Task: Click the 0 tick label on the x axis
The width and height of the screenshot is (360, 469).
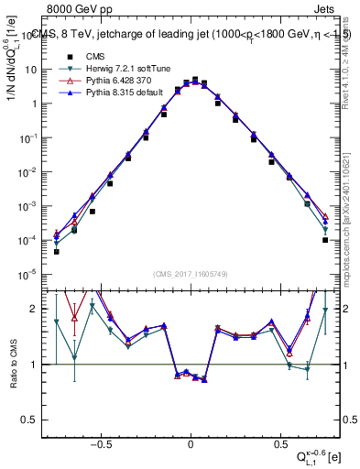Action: (x=191, y=441)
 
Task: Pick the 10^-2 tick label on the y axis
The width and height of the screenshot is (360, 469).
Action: (x=28, y=171)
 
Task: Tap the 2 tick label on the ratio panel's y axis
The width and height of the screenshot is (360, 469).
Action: (x=34, y=309)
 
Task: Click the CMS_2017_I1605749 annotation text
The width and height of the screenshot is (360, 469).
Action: (x=191, y=273)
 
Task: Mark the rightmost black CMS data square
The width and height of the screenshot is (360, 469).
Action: (x=325, y=240)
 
